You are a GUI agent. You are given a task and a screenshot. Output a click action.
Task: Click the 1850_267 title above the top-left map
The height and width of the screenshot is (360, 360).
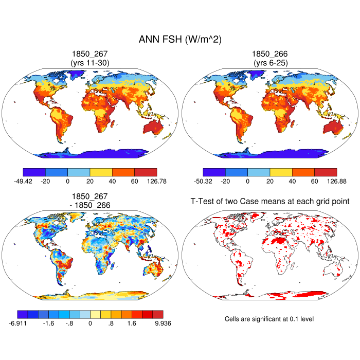coord(90,54)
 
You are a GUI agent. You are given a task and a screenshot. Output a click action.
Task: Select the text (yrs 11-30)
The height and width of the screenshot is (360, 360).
coord(90,63)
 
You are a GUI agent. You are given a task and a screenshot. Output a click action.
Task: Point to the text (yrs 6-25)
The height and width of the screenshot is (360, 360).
coord(270,63)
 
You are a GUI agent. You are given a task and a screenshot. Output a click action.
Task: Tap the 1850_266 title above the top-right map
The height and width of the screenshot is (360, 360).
coord(270,54)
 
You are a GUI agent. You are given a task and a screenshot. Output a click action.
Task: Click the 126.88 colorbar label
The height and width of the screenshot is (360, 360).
coord(336,181)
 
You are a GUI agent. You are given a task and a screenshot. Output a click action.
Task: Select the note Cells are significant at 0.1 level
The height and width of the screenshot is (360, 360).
coord(269,319)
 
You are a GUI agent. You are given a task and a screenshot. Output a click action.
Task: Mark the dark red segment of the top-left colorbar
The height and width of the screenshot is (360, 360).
coord(146,172)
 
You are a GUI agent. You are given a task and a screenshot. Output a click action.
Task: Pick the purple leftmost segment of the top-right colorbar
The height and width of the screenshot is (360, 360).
coord(214,172)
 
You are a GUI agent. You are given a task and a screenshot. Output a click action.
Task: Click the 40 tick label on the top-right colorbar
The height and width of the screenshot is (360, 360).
coord(292,181)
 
